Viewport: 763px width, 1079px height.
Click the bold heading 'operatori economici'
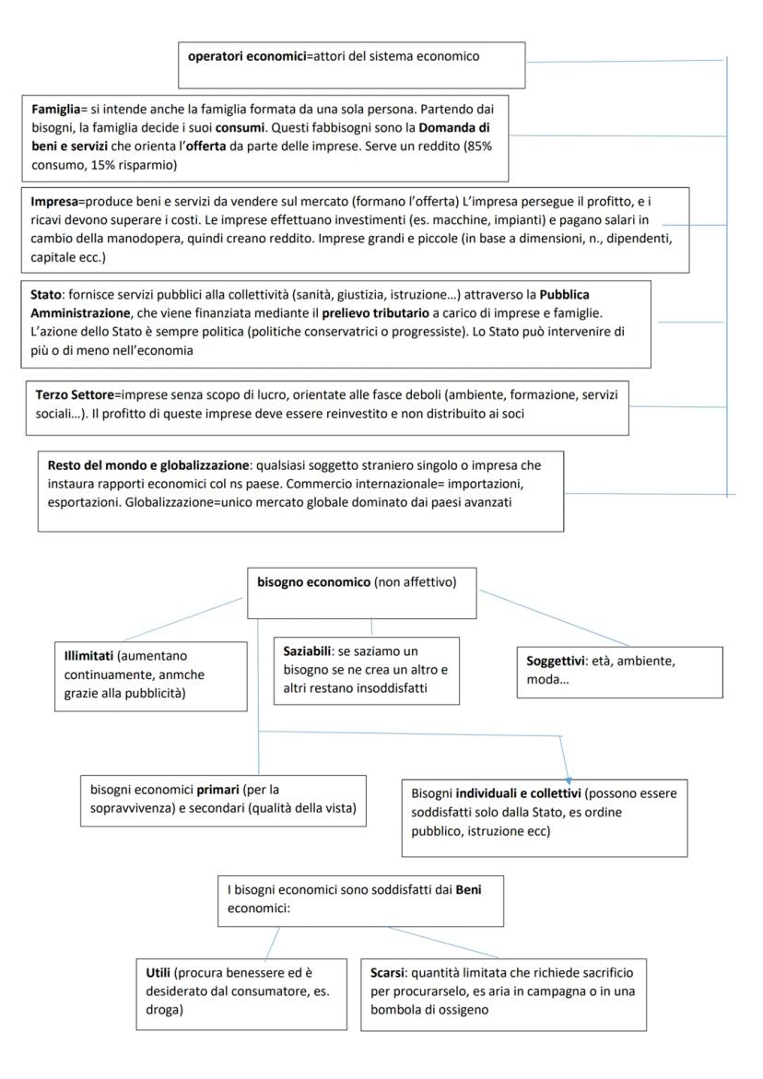pyautogui.click(x=241, y=57)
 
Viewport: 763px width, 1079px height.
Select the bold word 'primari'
pyautogui.click(x=213, y=790)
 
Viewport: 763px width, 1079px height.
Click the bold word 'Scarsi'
pyautogui.click(x=388, y=973)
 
